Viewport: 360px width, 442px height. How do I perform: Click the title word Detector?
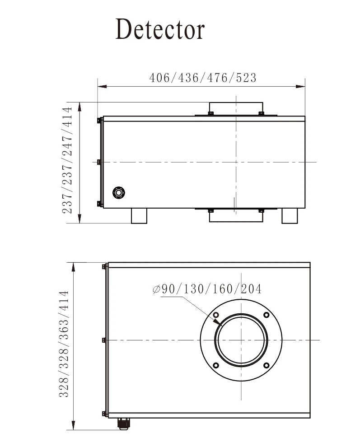[160, 29]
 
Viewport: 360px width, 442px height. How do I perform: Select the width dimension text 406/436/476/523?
[203, 78]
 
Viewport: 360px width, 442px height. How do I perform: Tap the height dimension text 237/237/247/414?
[67, 160]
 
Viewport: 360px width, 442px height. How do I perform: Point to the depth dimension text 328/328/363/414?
[64, 344]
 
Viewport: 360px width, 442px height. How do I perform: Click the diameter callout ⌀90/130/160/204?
[207, 289]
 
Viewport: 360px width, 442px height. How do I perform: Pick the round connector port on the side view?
[119, 193]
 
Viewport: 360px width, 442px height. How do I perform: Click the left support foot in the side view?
[139, 216]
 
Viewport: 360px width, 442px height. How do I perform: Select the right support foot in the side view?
[290, 216]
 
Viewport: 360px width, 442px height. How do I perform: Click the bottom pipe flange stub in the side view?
[236, 216]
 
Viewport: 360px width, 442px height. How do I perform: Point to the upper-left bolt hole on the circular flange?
[216, 315]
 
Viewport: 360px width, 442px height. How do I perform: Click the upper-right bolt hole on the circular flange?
[266, 315]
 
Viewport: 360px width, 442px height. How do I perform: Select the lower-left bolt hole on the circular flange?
[216, 366]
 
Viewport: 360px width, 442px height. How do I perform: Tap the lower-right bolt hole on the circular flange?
[266, 366]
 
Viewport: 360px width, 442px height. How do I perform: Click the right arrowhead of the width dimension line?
[305, 87]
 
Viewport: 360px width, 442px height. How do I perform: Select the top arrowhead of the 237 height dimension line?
[80, 103]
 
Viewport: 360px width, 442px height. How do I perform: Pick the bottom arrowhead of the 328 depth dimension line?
[74, 430]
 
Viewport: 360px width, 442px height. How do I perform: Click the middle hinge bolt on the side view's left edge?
[98, 162]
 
